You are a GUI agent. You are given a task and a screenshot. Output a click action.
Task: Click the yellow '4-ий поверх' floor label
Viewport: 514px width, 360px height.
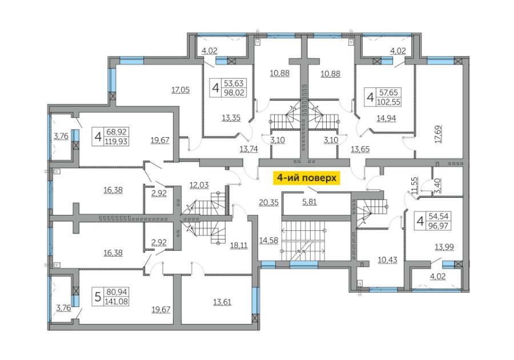(x=307, y=178)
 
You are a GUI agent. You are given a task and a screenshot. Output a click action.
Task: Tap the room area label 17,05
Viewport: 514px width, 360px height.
(x=180, y=90)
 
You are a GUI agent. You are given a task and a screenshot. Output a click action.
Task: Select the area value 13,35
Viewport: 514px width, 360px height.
(x=231, y=118)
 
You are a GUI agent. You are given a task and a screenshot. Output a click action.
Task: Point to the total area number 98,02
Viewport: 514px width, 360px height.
(x=234, y=93)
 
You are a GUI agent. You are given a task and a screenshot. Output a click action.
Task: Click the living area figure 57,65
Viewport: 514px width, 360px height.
(x=388, y=93)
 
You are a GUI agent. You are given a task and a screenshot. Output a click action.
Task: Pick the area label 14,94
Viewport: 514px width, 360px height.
(x=386, y=118)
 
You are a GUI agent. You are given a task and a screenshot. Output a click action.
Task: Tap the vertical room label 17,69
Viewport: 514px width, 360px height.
(x=438, y=134)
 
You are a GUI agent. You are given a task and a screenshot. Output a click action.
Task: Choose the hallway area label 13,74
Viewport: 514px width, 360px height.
(x=249, y=149)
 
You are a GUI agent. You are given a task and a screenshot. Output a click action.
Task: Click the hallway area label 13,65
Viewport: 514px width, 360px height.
(x=360, y=149)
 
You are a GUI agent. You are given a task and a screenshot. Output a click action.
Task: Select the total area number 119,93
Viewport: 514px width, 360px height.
(x=116, y=141)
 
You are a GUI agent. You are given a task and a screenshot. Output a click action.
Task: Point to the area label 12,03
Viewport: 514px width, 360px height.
(x=199, y=185)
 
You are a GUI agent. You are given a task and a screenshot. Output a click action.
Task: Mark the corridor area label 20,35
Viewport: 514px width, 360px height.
(x=269, y=203)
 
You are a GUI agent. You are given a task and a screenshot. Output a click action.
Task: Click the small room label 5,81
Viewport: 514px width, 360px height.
(x=310, y=202)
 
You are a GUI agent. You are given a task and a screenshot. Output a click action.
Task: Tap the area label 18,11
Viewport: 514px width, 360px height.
(x=239, y=245)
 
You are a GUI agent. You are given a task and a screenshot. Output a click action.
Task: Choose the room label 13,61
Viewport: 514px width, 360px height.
(x=222, y=302)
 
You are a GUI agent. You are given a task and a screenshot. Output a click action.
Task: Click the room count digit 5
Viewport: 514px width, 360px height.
(x=97, y=297)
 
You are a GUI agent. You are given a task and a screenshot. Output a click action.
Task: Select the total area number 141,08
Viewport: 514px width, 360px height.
(x=116, y=301)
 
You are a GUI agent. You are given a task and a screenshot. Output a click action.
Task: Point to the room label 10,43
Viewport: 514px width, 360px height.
(x=387, y=260)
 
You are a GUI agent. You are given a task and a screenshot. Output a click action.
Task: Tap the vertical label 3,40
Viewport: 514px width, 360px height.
(x=438, y=186)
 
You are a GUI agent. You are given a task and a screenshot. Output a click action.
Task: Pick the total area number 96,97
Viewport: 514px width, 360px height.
(x=438, y=226)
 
